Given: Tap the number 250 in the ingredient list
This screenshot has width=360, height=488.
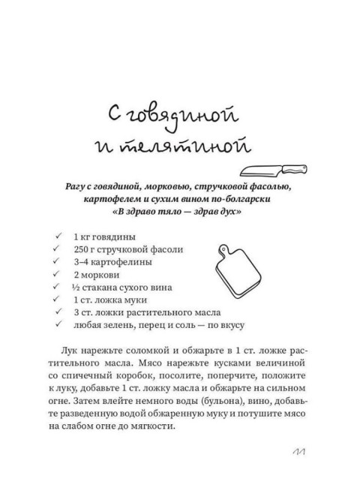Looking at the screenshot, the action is pos(84,249).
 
